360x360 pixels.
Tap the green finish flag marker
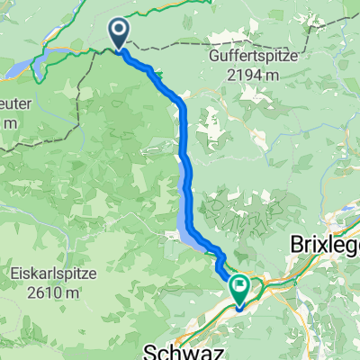(x=241, y=290)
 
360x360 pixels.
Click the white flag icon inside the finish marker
(x=241, y=287)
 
